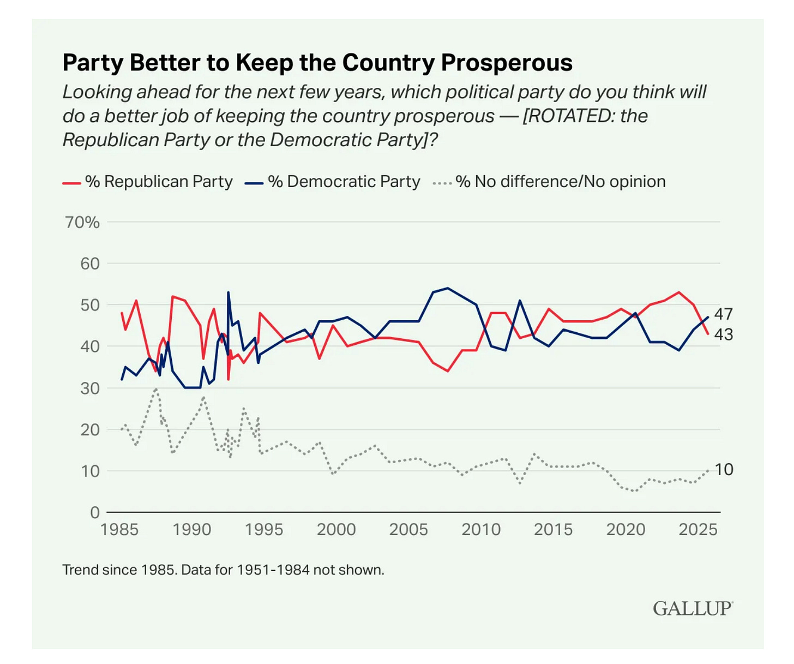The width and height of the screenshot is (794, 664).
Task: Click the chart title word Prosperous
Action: coord(507,63)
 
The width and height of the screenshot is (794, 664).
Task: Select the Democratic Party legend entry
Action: coord(344,182)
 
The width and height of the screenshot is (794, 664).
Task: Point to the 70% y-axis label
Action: coord(82,223)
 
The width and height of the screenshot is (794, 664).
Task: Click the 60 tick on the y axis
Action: coord(90,264)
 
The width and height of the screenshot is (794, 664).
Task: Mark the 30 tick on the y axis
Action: coord(90,388)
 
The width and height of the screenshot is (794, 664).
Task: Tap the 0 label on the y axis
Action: coord(95,513)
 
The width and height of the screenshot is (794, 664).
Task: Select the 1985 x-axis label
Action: coord(119,530)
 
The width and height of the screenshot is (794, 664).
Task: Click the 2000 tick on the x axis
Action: coord(336,530)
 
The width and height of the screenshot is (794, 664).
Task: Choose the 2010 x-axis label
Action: coord(481,530)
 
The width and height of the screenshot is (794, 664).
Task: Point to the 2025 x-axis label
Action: coord(698,530)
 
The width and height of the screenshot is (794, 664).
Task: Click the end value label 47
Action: coord(723,314)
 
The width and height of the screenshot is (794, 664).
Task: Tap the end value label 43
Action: coord(723,334)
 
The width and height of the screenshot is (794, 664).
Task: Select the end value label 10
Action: coord(724,470)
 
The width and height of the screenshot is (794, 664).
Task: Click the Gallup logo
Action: coord(693,608)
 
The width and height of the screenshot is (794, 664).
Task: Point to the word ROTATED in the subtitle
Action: coord(568,116)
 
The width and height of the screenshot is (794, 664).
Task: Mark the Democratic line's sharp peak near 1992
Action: coord(228,292)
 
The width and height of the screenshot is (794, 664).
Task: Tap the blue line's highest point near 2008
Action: coord(448,288)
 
